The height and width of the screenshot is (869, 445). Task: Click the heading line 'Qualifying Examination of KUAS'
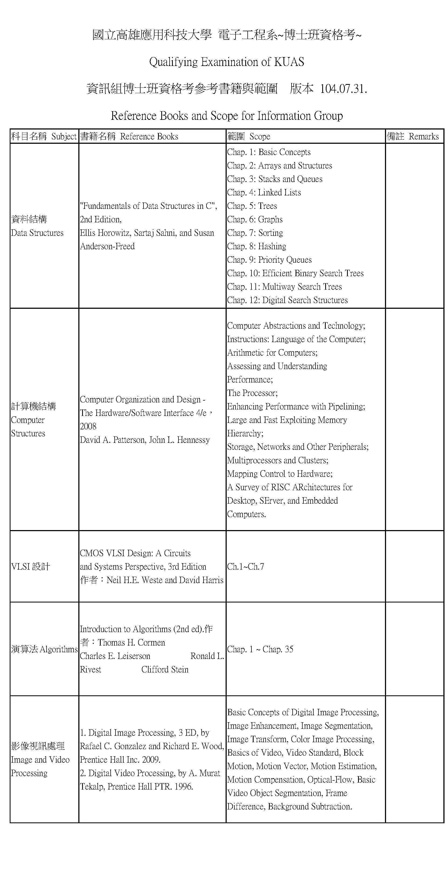226,62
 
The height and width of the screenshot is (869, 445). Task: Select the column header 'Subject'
64,137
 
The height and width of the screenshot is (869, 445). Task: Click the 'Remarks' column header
423,137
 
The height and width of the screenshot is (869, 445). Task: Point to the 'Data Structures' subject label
37,233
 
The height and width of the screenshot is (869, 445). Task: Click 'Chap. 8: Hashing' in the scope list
256,247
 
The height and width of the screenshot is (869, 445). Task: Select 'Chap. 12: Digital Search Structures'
287,300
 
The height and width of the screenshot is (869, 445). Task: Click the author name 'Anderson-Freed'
107,247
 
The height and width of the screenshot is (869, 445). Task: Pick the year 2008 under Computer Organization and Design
88,427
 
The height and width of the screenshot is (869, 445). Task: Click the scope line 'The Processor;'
252,393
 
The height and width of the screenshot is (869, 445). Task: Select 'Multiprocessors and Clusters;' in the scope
277,460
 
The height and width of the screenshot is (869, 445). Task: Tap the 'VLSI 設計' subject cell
31,567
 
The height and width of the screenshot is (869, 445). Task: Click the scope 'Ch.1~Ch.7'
245,567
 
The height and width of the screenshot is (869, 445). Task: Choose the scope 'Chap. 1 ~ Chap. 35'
260,649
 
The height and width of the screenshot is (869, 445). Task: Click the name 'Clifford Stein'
165,670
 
